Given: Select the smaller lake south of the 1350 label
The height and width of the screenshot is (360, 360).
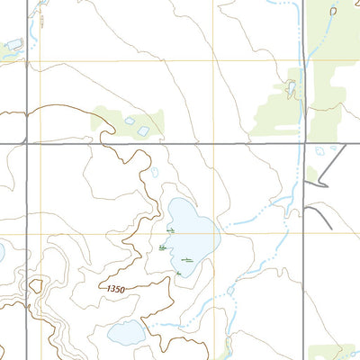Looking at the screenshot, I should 126,334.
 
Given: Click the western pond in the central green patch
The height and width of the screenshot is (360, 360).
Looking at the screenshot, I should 130,120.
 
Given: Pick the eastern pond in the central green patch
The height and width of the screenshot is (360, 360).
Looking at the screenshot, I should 144,131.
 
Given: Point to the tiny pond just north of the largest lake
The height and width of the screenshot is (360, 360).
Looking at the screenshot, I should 155,172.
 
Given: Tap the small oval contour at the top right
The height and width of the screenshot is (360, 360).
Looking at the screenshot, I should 333,11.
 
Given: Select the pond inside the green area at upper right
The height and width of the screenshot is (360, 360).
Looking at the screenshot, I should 291,88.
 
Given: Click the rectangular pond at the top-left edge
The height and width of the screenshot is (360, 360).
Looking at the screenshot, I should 14,43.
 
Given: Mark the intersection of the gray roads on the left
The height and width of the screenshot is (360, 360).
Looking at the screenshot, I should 27,142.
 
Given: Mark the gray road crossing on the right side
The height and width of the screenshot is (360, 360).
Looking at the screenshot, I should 302,143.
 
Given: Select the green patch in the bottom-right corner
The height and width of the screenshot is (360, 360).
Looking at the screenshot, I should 333,352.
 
